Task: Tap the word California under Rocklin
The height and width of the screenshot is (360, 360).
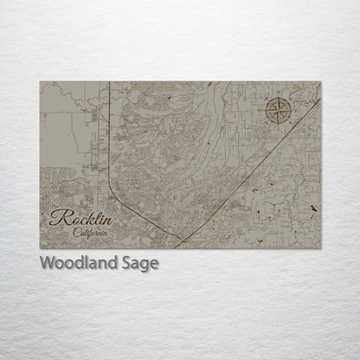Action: (90, 233)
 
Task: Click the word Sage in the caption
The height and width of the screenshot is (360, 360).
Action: (140, 264)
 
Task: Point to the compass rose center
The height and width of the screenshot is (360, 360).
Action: (279, 111)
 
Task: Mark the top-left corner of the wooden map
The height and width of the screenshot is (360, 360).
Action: (40, 81)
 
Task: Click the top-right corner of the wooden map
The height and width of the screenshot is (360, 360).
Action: (320, 81)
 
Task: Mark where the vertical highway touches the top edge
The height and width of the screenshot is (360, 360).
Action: (110, 82)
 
